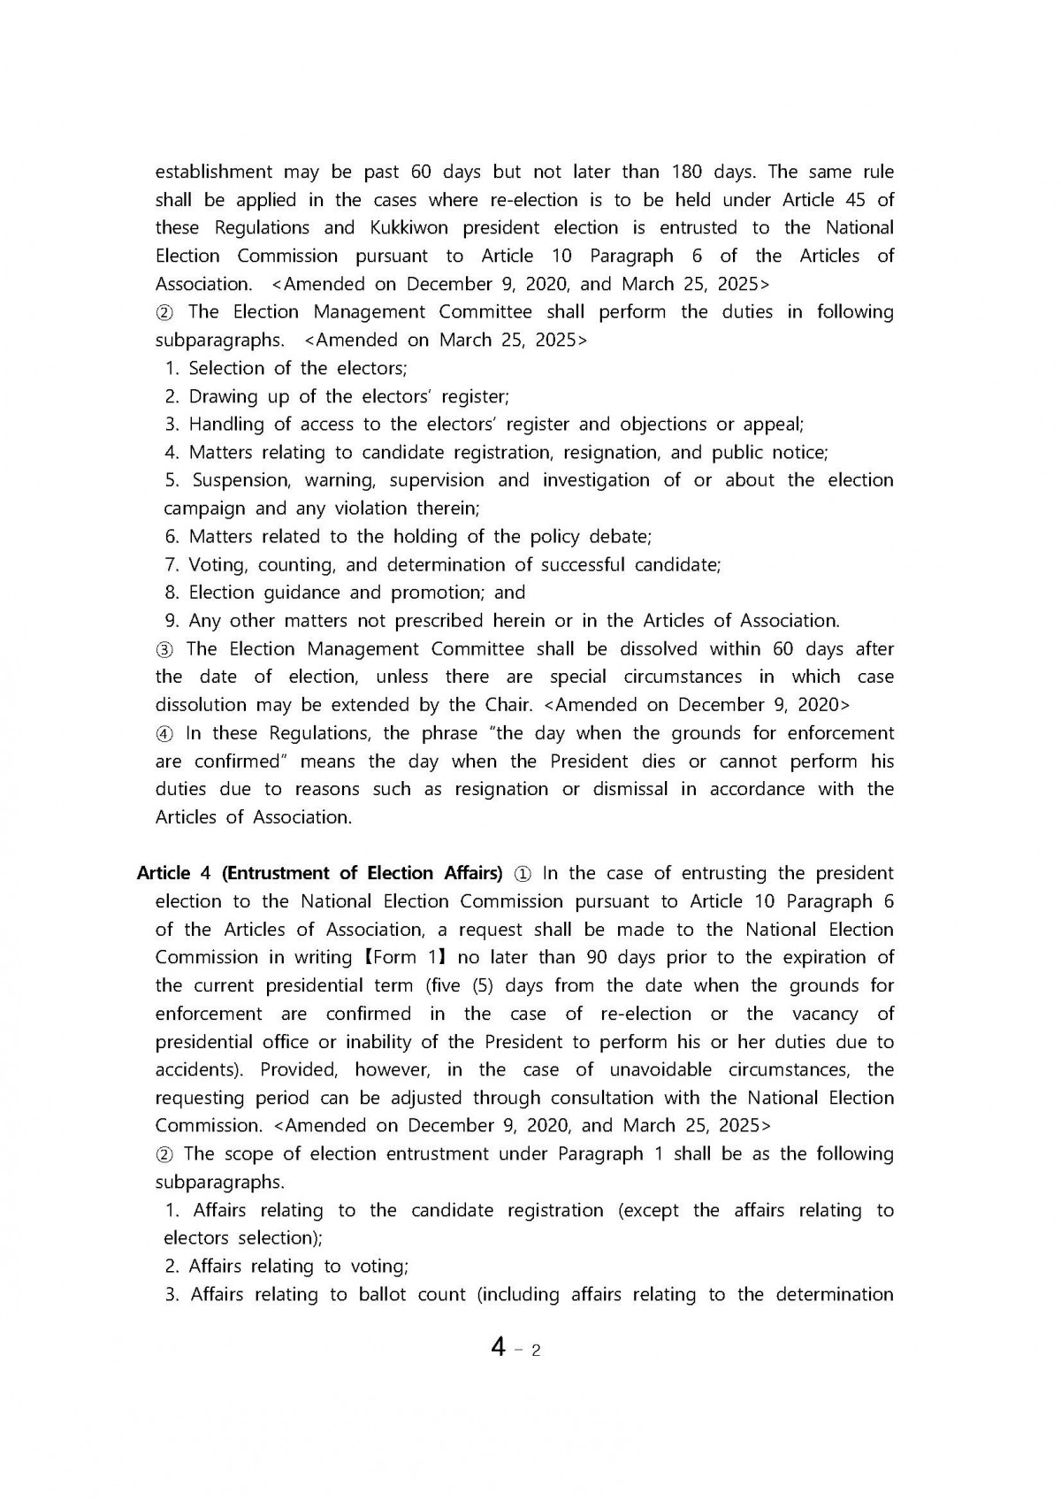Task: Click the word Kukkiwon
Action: pos(406,227)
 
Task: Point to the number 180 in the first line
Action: pos(688,172)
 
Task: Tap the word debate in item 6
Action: pos(619,537)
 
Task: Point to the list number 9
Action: pos(172,621)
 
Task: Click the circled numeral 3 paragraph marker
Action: pos(164,649)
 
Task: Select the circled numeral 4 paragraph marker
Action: pos(164,734)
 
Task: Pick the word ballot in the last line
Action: pos(412,1295)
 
